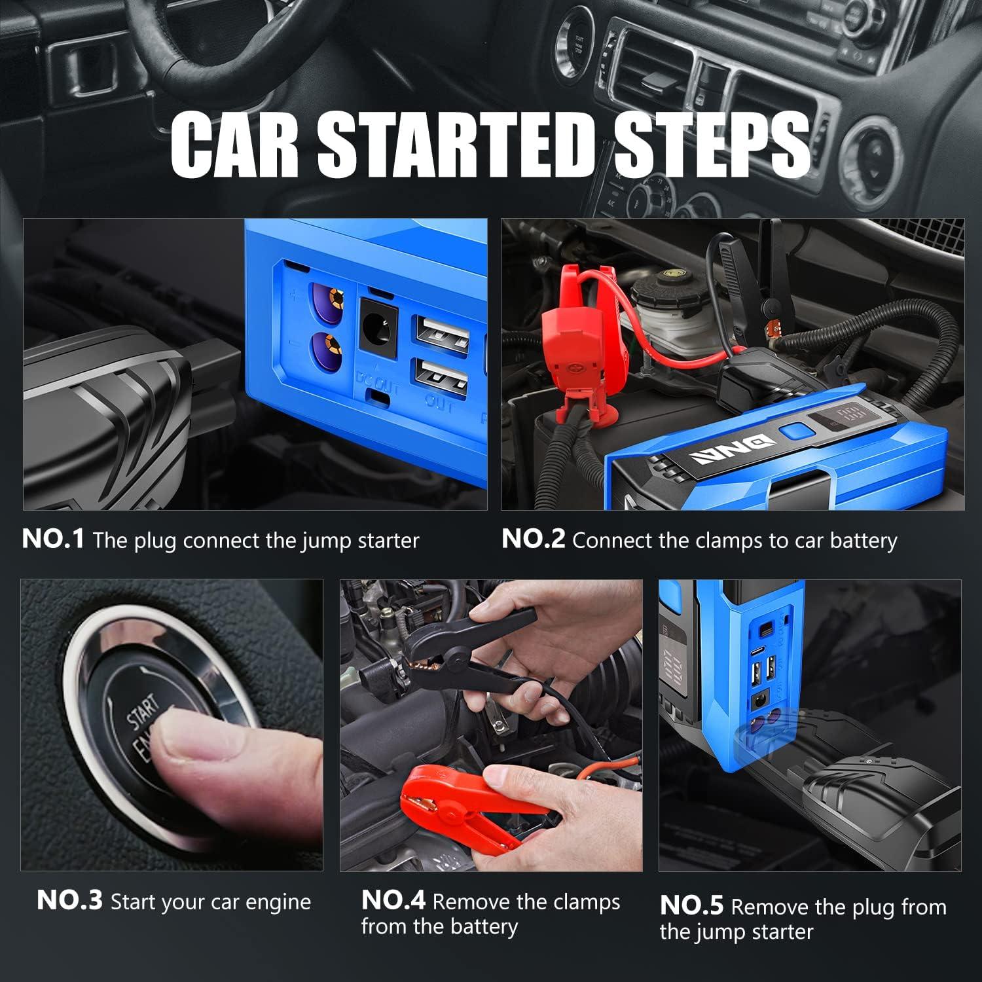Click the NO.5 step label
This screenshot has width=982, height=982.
tap(692, 905)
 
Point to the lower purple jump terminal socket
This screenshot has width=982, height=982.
tap(329, 349)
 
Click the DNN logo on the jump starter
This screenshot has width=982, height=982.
tap(736, 450)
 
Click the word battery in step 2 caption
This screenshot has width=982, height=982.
tap(864, 541)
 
